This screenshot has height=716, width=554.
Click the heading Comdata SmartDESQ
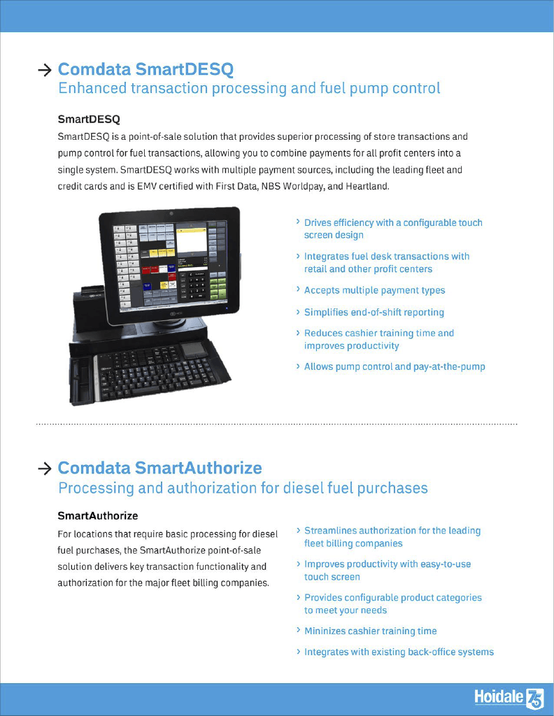[145, 69]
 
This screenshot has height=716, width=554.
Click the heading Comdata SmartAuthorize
[159, 468]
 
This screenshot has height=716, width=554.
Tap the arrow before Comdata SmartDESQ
[44, 70]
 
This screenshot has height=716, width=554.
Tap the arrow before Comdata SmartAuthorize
[44, 468]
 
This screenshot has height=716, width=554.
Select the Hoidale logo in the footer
[508, 698]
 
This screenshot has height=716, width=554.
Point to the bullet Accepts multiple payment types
[374, 290]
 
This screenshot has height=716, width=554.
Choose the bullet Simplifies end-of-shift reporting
[374, 313]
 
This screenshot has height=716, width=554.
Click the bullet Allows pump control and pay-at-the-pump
[394, 366]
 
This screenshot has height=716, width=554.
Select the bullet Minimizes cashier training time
[370, 631]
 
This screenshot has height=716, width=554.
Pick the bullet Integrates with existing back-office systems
[399, 652]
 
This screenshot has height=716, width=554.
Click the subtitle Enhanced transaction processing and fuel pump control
[249, 89]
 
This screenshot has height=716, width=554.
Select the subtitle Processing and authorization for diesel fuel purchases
[243, 487]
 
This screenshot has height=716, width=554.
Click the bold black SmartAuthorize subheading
[97, 516]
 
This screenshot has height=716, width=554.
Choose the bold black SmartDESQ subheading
[88, 119]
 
